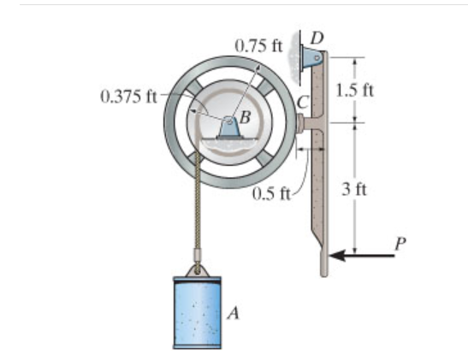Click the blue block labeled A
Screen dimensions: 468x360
198,313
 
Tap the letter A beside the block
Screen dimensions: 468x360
234,313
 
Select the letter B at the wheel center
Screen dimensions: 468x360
245,117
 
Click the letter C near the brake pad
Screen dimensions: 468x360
303,103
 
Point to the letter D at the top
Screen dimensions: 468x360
317,38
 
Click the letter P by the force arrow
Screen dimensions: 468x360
400,244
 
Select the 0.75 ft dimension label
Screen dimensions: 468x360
258,46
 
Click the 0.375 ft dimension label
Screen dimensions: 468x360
129,97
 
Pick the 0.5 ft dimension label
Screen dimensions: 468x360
271,194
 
